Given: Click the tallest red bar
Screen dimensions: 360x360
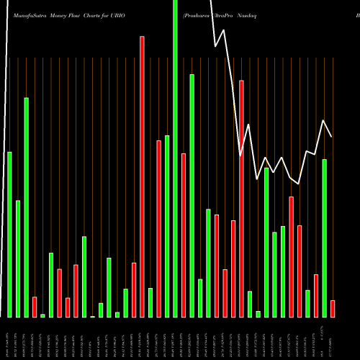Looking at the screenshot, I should coord(143,176).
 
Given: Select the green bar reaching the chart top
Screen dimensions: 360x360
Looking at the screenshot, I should coord(175,158).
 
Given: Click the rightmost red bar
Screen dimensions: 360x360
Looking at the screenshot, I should coord(333,309).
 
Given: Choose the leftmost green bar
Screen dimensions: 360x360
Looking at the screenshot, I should coord(9,234).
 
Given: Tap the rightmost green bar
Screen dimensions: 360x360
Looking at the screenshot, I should coord(324,238).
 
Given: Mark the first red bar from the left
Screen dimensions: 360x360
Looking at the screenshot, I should coord(35,307).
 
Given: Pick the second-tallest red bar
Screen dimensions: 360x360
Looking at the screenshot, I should coord(241,198).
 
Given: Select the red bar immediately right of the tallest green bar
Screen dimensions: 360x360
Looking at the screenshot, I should coord(184,235).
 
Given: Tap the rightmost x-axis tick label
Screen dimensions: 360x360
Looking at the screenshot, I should coord(333,339).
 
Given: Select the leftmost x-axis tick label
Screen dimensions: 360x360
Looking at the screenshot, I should coord(9,339).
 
